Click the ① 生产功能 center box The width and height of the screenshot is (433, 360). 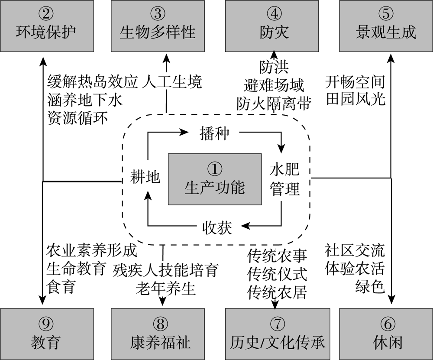point(215,179)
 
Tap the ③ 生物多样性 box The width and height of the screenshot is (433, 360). point(158,26)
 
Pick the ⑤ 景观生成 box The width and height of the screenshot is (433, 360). point(386,26)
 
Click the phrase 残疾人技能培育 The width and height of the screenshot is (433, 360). point(165,270)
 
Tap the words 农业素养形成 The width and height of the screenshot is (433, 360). point(92,251)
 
